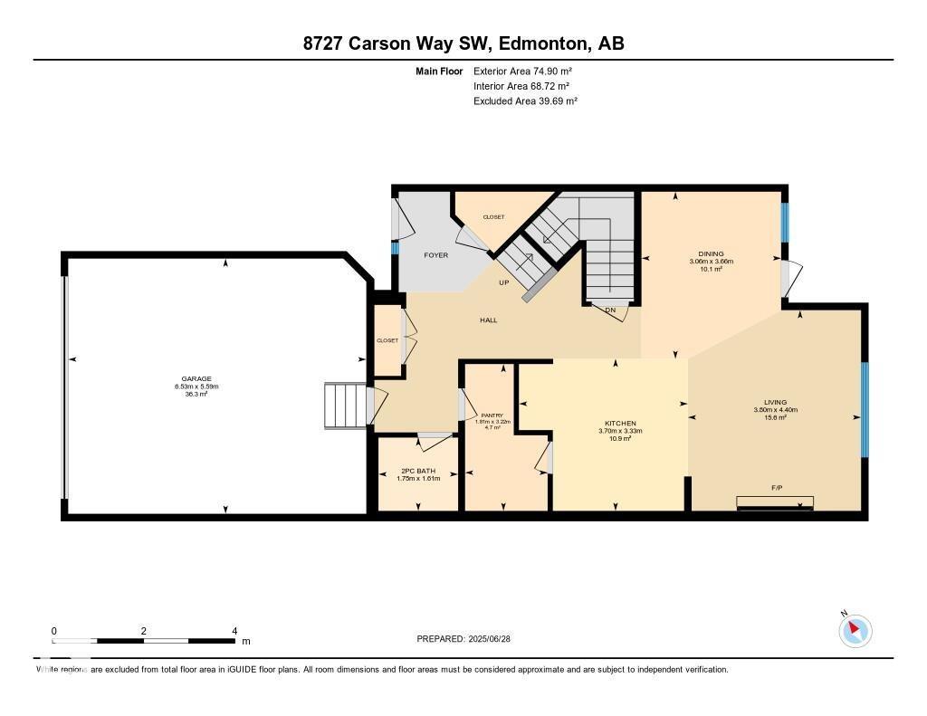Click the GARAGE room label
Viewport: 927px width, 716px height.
tap(196, 379)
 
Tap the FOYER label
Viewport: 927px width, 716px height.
tap(436, 255)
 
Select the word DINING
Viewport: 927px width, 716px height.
tap(711, 253)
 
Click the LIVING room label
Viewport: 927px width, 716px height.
tap(775, 402)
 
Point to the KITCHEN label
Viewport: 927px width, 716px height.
tap(620, 424)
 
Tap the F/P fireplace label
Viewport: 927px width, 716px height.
tap(776, 488)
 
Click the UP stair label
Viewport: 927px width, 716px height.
tap(504, 282)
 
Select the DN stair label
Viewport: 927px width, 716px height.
tap(610, 310)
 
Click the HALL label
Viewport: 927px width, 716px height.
tap(488, 320)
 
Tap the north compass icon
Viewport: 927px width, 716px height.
tap(855, 630)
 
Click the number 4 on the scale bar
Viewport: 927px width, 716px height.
tap(234, 631)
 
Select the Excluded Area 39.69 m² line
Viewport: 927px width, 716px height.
tap(525, 101)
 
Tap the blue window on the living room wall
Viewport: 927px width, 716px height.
tap(865, 409)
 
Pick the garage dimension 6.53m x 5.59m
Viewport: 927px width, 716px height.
tap(196, 387)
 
